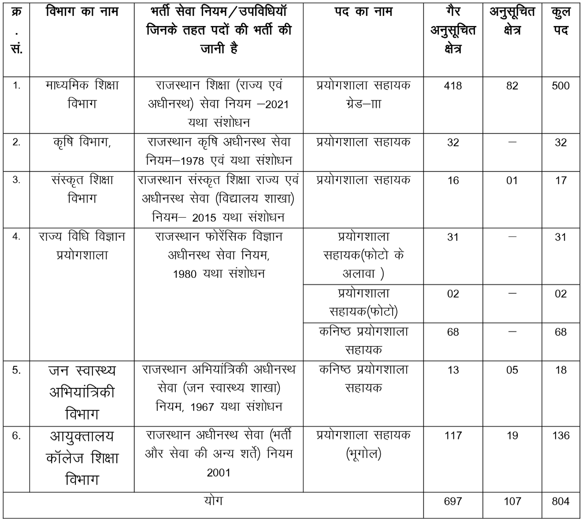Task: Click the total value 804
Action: (560, 501)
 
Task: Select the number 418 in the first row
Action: (453, 86)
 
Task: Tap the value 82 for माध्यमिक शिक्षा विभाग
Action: (512, 86)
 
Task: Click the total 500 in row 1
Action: (560, 86)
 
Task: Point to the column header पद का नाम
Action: (363, 12)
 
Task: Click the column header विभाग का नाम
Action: (82, 12)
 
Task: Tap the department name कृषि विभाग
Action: (82, 142)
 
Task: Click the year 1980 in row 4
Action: (185, 274)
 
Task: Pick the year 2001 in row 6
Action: (219, 473)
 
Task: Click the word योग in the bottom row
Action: (213, 501)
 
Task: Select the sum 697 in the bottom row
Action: (453, 501)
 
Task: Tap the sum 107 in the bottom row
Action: (512, 501)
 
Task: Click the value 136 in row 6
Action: (560, 436)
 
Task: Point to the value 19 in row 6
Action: (512, 436)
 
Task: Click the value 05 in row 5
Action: (512, 370)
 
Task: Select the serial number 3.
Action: (16, 180)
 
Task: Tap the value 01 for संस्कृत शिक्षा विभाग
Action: (512, 181)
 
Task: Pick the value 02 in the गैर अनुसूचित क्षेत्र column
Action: (453, 294)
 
